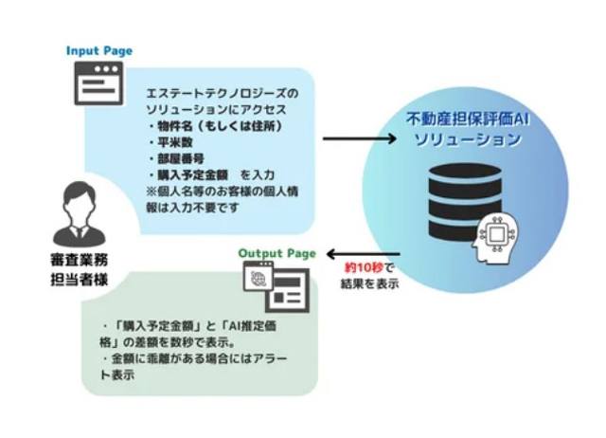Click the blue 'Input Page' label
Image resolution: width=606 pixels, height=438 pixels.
point(99,51)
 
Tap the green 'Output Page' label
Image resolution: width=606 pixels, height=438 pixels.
point(277,254)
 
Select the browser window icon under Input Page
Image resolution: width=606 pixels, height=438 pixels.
point(98,83)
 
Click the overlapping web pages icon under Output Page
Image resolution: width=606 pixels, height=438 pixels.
point(276,286)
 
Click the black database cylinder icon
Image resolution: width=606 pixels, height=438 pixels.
point(465,202)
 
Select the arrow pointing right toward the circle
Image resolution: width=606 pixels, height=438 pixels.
point(360,138)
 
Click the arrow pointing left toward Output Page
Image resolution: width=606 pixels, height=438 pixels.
point(364,254)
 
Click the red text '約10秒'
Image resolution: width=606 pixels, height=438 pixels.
point(365,267)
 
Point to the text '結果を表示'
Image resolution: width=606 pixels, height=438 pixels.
point(369,283)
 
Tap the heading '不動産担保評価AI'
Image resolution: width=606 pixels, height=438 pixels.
point(468,119)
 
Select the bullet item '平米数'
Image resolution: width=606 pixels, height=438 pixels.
point(175,142)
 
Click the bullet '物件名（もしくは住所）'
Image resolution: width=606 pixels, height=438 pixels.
point(220,126)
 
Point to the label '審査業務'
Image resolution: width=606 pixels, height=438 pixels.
point(80,260)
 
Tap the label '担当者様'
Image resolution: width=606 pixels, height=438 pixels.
point(80,280)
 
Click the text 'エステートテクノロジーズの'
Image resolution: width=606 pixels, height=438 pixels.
point(223,94)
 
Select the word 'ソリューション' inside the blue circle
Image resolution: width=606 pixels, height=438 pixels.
point(468,139)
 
